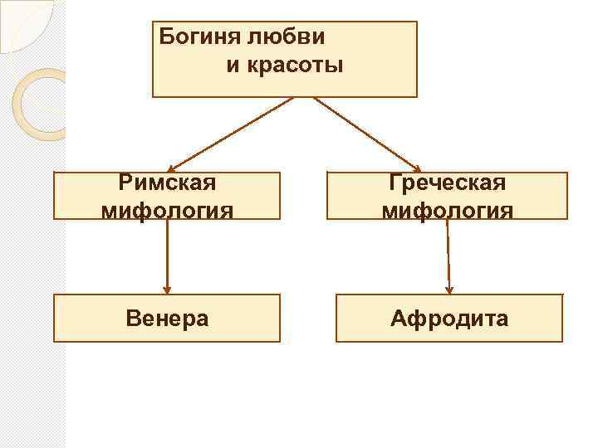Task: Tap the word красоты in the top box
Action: click(284, 65)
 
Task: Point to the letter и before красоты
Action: click(231, 65)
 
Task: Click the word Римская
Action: click(167, 183)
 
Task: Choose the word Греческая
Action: click(448, 183)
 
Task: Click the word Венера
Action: click(167, 318)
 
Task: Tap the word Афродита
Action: click(449, 318)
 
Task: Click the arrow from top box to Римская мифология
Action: click(233, 133)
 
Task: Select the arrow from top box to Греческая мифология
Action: click(365, 133)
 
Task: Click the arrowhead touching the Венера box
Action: click(167, 290)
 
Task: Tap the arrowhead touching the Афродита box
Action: click(449, 290)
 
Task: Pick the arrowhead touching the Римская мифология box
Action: click(171, 167)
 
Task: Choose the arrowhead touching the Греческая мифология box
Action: click(417, 167)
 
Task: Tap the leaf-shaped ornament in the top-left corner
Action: click(25, 23)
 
